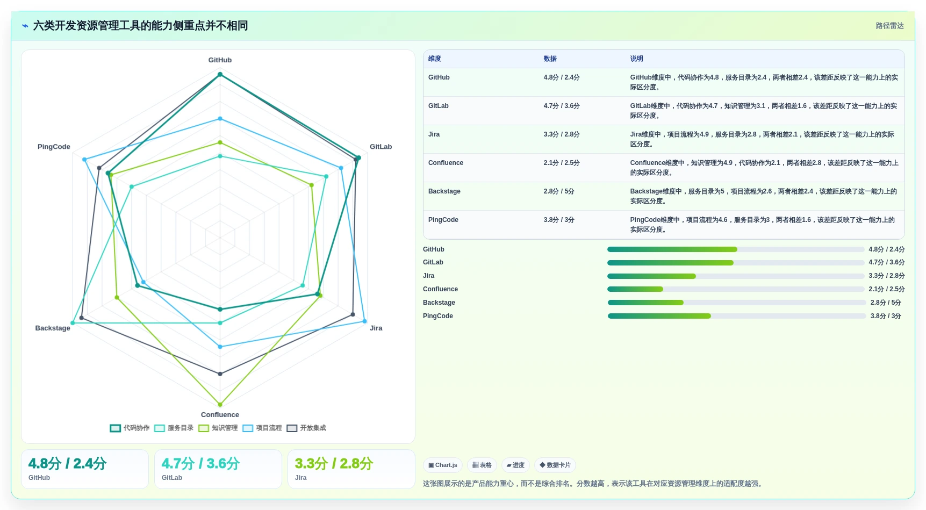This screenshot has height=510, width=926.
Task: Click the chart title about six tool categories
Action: pos(140,26)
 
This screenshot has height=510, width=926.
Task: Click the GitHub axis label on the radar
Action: pos(220,60)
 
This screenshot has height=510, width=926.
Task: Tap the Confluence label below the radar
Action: pos(220,415)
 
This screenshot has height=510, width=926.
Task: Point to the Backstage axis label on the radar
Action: pos(53,328)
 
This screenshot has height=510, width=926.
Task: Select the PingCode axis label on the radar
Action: pos(54,147)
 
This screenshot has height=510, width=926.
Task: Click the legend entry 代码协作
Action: pos(130,428)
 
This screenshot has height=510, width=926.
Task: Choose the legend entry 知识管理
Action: pos(218,428)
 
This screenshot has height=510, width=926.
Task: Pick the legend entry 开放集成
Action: pos(306,428)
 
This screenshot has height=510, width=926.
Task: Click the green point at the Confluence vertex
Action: pos(220,405)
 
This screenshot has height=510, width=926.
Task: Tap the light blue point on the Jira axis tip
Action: pos(364,321)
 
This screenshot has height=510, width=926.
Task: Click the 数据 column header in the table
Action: pos(550,59)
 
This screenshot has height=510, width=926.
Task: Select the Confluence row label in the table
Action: pos(446,163)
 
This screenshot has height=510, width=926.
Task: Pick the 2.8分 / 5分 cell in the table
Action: pos(559,191)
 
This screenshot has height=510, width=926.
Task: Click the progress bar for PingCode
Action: pos(737,316)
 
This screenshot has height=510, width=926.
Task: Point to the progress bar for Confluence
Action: pos(736,289)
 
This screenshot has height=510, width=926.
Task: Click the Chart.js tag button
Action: pos(443,465)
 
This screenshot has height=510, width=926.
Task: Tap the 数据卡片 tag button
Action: pos(555,465)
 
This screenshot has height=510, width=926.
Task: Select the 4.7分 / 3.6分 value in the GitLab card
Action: pos(200,464)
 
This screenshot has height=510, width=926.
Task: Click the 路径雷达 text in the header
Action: pos(889,26)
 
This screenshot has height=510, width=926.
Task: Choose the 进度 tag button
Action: pos(515,465)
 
